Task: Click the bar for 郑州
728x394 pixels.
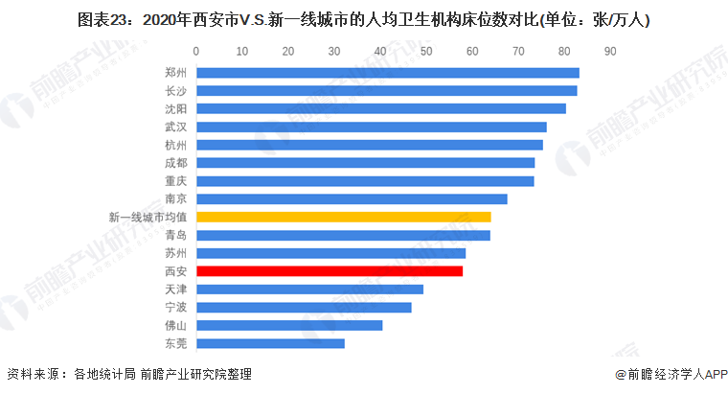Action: (387, 73)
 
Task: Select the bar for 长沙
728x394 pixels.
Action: (386, 90)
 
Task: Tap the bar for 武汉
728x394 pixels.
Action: (371, 127)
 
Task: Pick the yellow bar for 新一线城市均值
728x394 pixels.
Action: (343, 218)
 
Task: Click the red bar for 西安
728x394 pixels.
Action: (329, 271)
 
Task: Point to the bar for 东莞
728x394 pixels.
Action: (270, 343)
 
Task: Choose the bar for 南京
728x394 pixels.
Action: (352, 199)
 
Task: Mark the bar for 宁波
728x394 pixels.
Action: (304, 308)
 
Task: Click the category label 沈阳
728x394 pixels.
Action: (175, 108)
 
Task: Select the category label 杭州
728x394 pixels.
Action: (175, 145)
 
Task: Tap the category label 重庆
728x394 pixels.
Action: (175, 181)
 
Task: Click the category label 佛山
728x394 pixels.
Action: (175, 326)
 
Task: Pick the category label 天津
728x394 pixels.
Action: (175, 290)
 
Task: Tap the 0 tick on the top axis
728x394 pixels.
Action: (196, 50)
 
